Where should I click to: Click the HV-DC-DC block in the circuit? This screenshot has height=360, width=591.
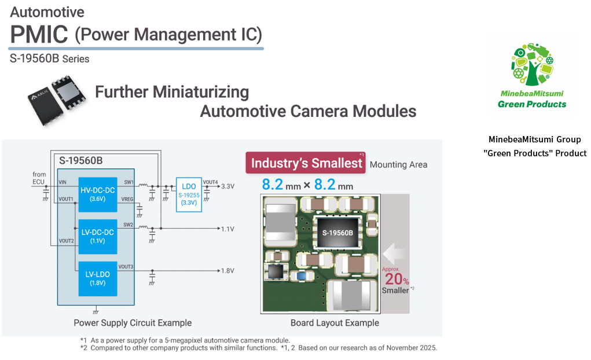(97, 194)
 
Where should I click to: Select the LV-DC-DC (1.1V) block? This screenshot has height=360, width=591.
(97, 236)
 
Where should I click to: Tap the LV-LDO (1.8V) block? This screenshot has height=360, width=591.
(97, 279)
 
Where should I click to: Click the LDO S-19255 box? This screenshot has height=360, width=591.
(189, 195)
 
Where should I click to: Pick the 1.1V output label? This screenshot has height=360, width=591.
(227, 229)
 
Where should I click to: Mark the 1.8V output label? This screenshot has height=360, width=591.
(227, 271)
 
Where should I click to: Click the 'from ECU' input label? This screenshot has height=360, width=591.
(39, 178)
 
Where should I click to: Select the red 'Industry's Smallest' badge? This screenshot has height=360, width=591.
(306, 163)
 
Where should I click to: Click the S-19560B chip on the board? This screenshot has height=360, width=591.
(337, 232)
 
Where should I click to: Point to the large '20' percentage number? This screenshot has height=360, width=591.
(392, 279)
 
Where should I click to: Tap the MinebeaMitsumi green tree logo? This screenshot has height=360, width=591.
(532, 64)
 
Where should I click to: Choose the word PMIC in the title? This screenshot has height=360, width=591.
(39, 35)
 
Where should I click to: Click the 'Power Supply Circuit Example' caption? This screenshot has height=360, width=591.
(133, 323)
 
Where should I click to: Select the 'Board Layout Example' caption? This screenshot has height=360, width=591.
(335, 323)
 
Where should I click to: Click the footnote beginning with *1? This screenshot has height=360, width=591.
(185, 340)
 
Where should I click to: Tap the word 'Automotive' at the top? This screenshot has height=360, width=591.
(47, 12)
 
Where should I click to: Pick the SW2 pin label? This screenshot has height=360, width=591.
(129, 225)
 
